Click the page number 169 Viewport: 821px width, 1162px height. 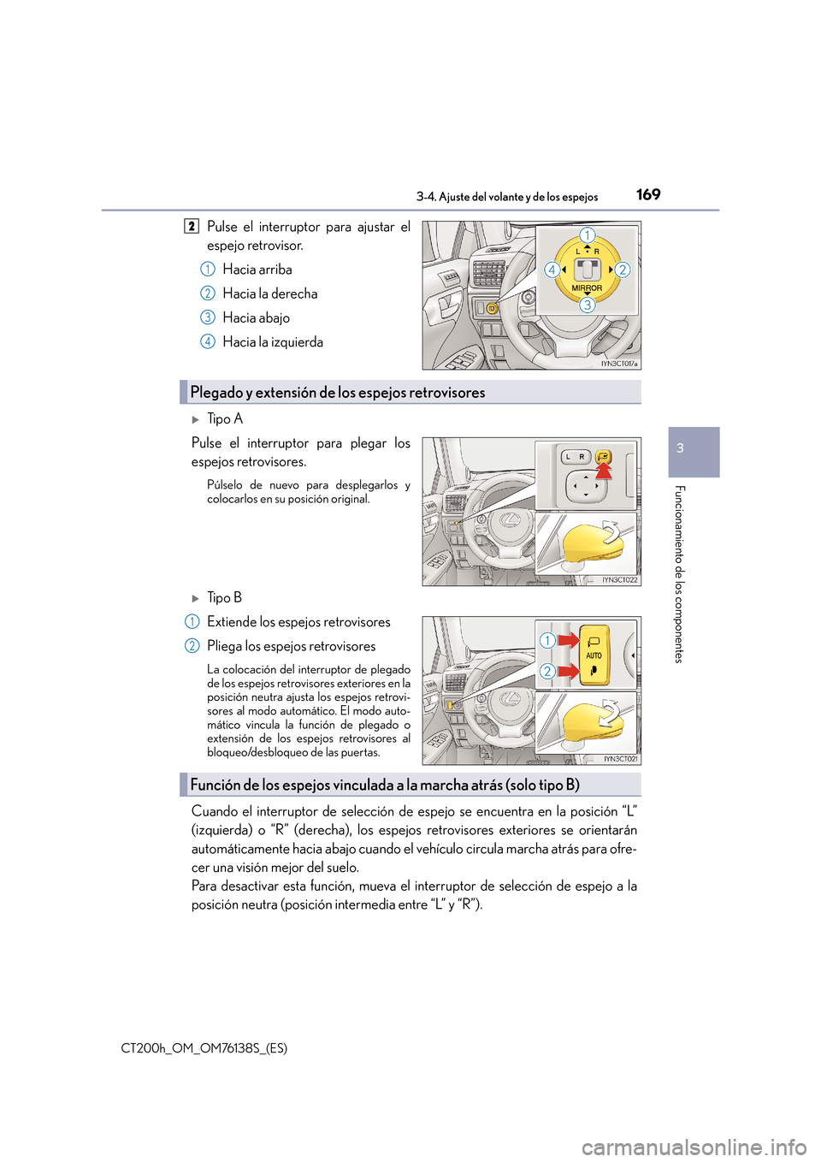[648, 194]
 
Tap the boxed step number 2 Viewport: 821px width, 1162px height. [192, 227]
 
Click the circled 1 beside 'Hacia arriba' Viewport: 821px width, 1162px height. [208, 270]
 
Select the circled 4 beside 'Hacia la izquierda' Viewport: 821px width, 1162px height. [208, 341]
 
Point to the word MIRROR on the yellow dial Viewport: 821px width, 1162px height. [587, 288]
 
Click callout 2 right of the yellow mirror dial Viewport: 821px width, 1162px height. [623, 270]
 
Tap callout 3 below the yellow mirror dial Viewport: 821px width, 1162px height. [588, 305]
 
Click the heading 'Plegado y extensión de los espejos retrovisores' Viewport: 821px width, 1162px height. [337, 393]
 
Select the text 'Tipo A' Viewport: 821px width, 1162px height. [225, 418]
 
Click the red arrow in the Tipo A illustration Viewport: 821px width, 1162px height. [604, 469]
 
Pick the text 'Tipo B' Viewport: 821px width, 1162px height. [224, 597]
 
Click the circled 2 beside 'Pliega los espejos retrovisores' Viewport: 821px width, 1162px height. [192, 646]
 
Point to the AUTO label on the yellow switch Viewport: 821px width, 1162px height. [594, 655]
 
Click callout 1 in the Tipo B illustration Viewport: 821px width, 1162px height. [547, 640]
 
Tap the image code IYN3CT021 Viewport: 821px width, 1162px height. [620, 759]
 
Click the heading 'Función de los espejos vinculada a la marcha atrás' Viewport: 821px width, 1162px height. [385, 785]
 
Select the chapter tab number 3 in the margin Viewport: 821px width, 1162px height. [681, 448]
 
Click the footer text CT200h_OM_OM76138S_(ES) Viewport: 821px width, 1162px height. [204, 1048]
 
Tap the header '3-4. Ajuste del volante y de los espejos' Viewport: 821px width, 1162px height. [507, 197]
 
